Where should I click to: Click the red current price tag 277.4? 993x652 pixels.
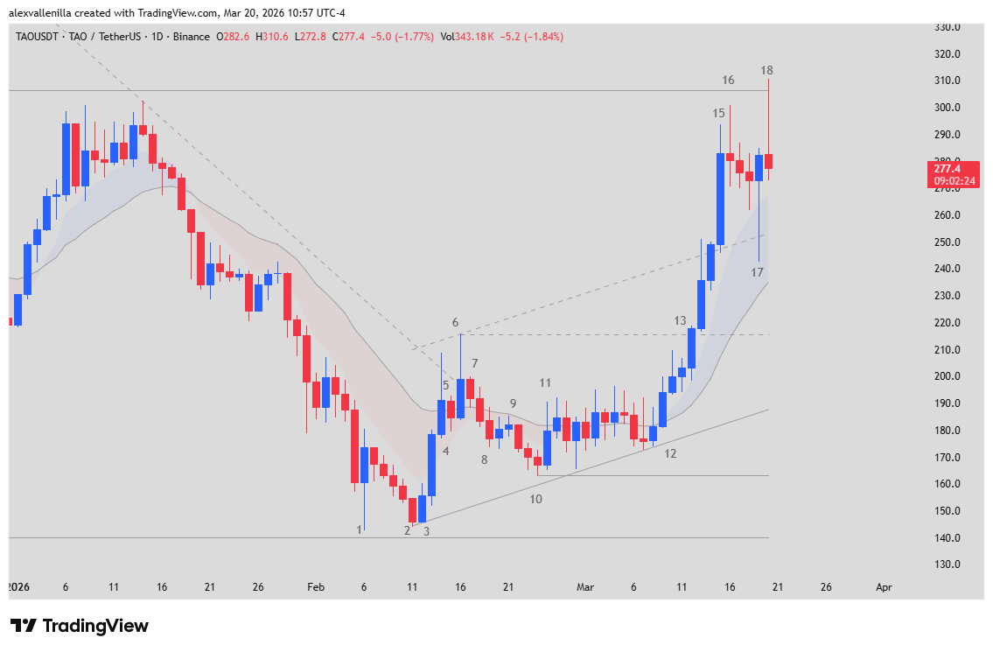(954, 168)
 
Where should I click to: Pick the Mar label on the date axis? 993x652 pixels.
(585, 588)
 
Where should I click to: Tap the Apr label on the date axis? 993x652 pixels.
(884, 588)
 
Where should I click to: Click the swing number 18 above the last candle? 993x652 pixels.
(766, 70)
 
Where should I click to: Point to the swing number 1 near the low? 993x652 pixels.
(359, 529)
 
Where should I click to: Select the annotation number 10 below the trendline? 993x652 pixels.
(535, 499)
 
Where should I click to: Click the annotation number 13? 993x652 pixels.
(680, 321)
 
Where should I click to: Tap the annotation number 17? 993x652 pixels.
(757, 272)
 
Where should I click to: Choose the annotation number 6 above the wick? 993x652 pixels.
(455, 323)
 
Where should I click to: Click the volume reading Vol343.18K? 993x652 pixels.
(465, 37)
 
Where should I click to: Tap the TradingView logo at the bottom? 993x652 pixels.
(80, 626)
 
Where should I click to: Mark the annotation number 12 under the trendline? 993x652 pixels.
(670, 453)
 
